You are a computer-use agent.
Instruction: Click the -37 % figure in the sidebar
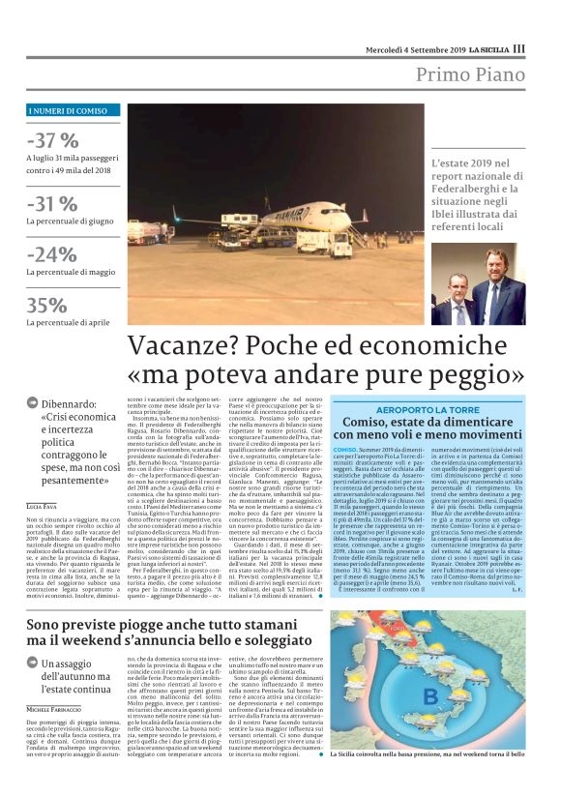click(54, 139)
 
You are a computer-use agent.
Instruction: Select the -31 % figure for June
click(53, 204)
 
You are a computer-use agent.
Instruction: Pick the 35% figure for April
click(47, 306)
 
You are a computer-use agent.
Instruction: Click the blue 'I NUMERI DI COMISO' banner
click(67, 112)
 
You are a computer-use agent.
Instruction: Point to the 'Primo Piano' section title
click(471, 74)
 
